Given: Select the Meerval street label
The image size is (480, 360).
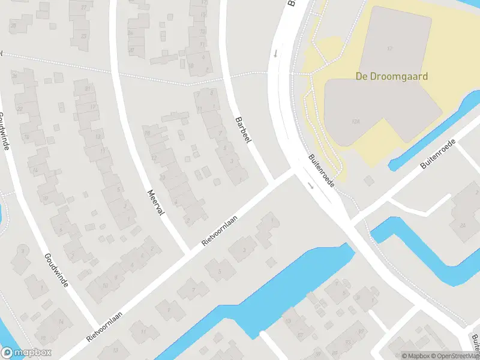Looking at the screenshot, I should point(155,203).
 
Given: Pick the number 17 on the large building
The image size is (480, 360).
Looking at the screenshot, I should point(390,47).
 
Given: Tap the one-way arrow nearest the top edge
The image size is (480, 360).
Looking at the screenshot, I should point(275,53).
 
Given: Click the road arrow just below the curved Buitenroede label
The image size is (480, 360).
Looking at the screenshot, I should point(311,185).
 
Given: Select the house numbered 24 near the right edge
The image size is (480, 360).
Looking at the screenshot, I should point(462,225).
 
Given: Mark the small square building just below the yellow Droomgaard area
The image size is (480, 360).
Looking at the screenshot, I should point(368,180).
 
